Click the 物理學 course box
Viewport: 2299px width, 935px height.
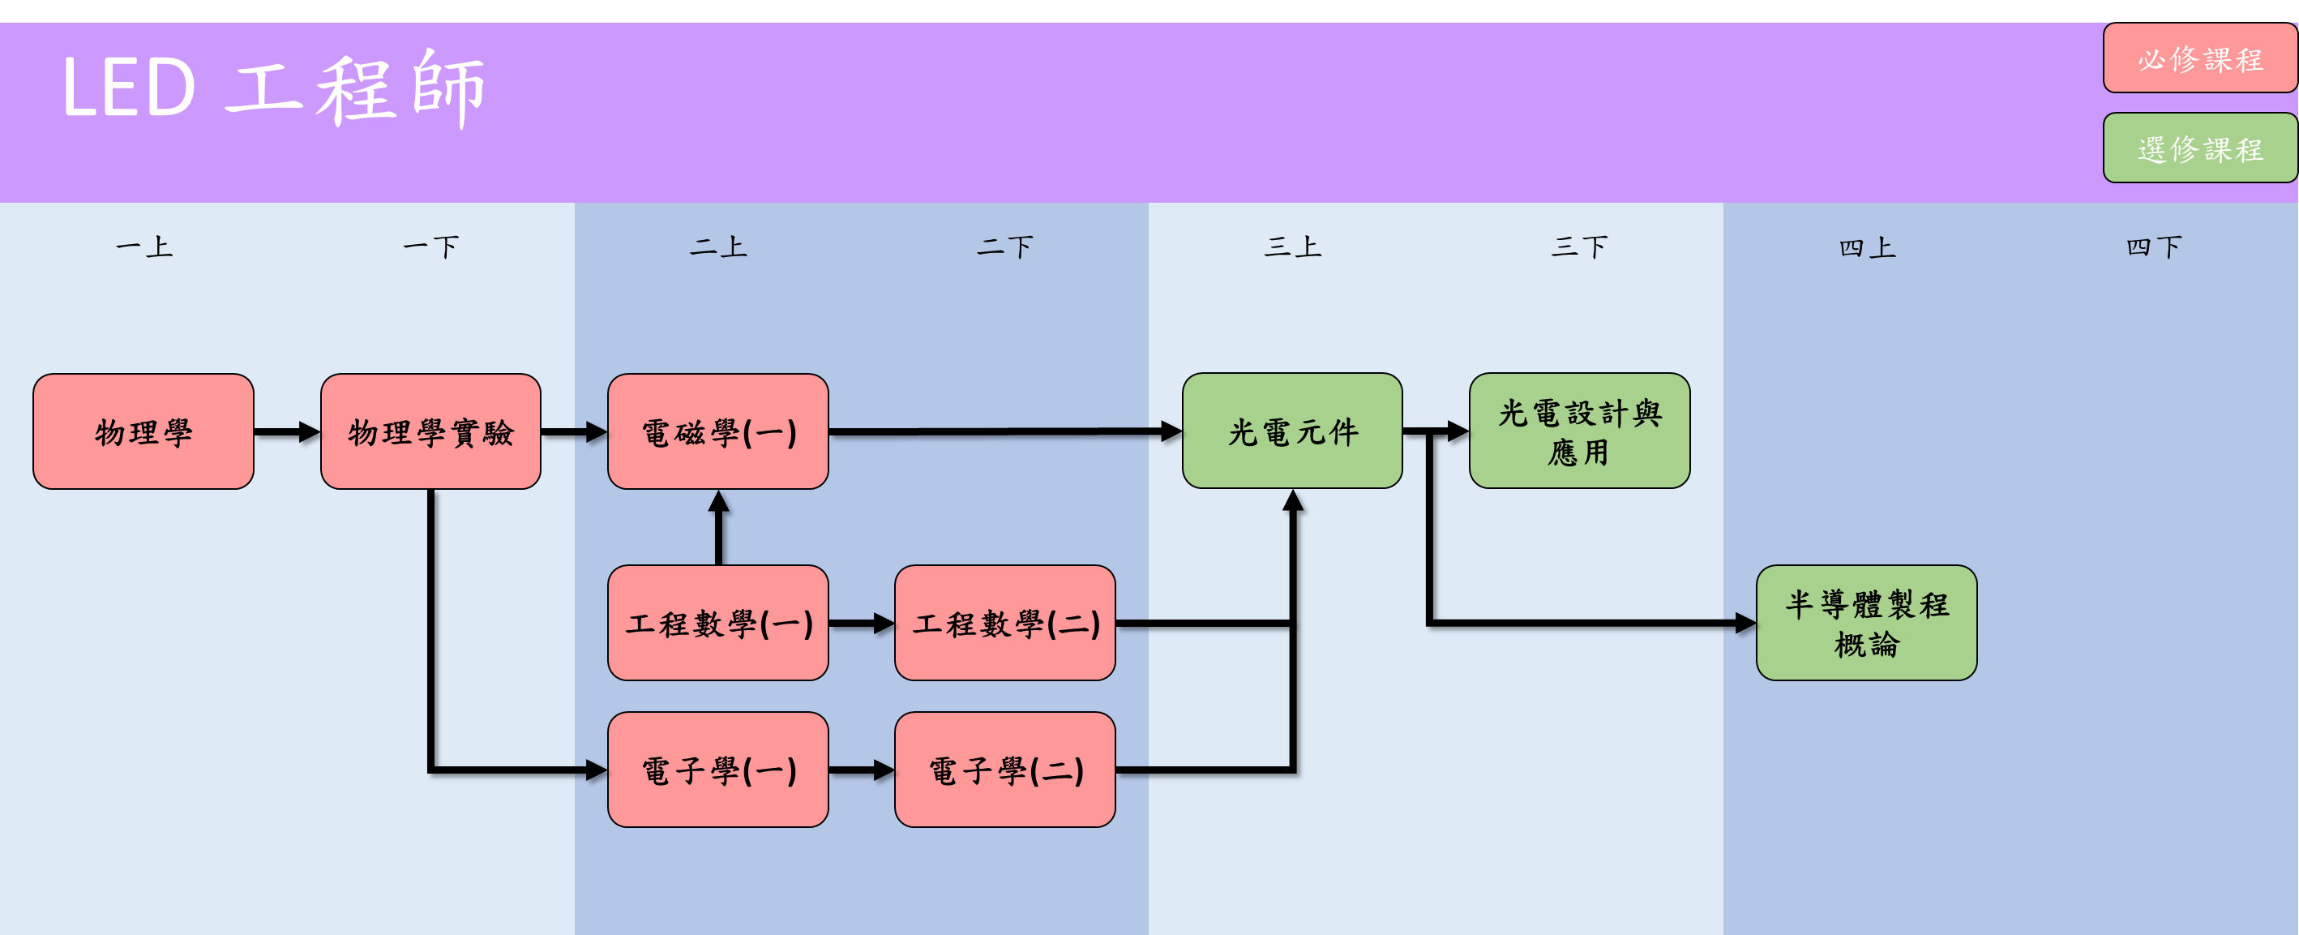[143, 431]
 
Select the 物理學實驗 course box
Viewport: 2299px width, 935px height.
[430, 431]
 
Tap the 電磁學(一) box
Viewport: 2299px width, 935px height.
[717, 431]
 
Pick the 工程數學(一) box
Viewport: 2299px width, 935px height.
[717, 623]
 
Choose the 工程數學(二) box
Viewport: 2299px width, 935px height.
[1005, 623]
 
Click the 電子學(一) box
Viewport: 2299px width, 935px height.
[717, 769]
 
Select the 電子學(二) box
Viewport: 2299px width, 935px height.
[1005, 769]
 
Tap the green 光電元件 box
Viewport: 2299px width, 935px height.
[1292, 431]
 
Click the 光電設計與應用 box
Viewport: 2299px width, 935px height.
[1579, 431]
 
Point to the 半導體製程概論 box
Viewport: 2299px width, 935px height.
[1866, 623]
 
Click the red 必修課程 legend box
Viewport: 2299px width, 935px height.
[2199, 59]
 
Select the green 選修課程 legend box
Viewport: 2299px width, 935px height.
[2199, 148]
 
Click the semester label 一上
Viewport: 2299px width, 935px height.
[143, 247]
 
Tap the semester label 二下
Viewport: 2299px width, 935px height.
[1005, 247]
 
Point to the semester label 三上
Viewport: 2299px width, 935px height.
[1292, 247]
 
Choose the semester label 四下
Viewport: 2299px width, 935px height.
[2154, 247]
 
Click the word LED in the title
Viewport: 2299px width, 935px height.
[129, 88]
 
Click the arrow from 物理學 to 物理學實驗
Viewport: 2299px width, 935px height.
[286, 432]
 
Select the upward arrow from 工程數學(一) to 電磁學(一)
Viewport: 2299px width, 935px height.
[718, 527]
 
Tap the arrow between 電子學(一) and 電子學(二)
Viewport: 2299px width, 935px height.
[860, 770]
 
